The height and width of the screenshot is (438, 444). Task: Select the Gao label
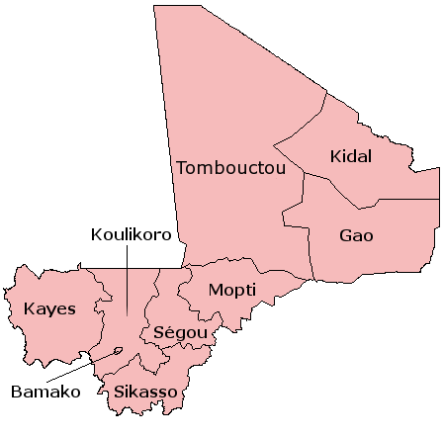356,236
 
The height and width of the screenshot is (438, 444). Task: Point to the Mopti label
231,291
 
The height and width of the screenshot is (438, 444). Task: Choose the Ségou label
179,333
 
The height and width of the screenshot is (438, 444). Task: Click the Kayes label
49,308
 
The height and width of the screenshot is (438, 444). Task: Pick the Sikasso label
144,393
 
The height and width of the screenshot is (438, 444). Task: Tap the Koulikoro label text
131,235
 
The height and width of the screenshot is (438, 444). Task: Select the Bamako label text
44,392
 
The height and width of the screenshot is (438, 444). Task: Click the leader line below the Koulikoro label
127,282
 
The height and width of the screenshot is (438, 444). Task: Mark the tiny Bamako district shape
119,349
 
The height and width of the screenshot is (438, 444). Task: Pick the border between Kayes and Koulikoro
99,297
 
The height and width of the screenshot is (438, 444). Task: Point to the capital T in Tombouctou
182,168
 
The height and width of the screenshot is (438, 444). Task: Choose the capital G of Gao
345,236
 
